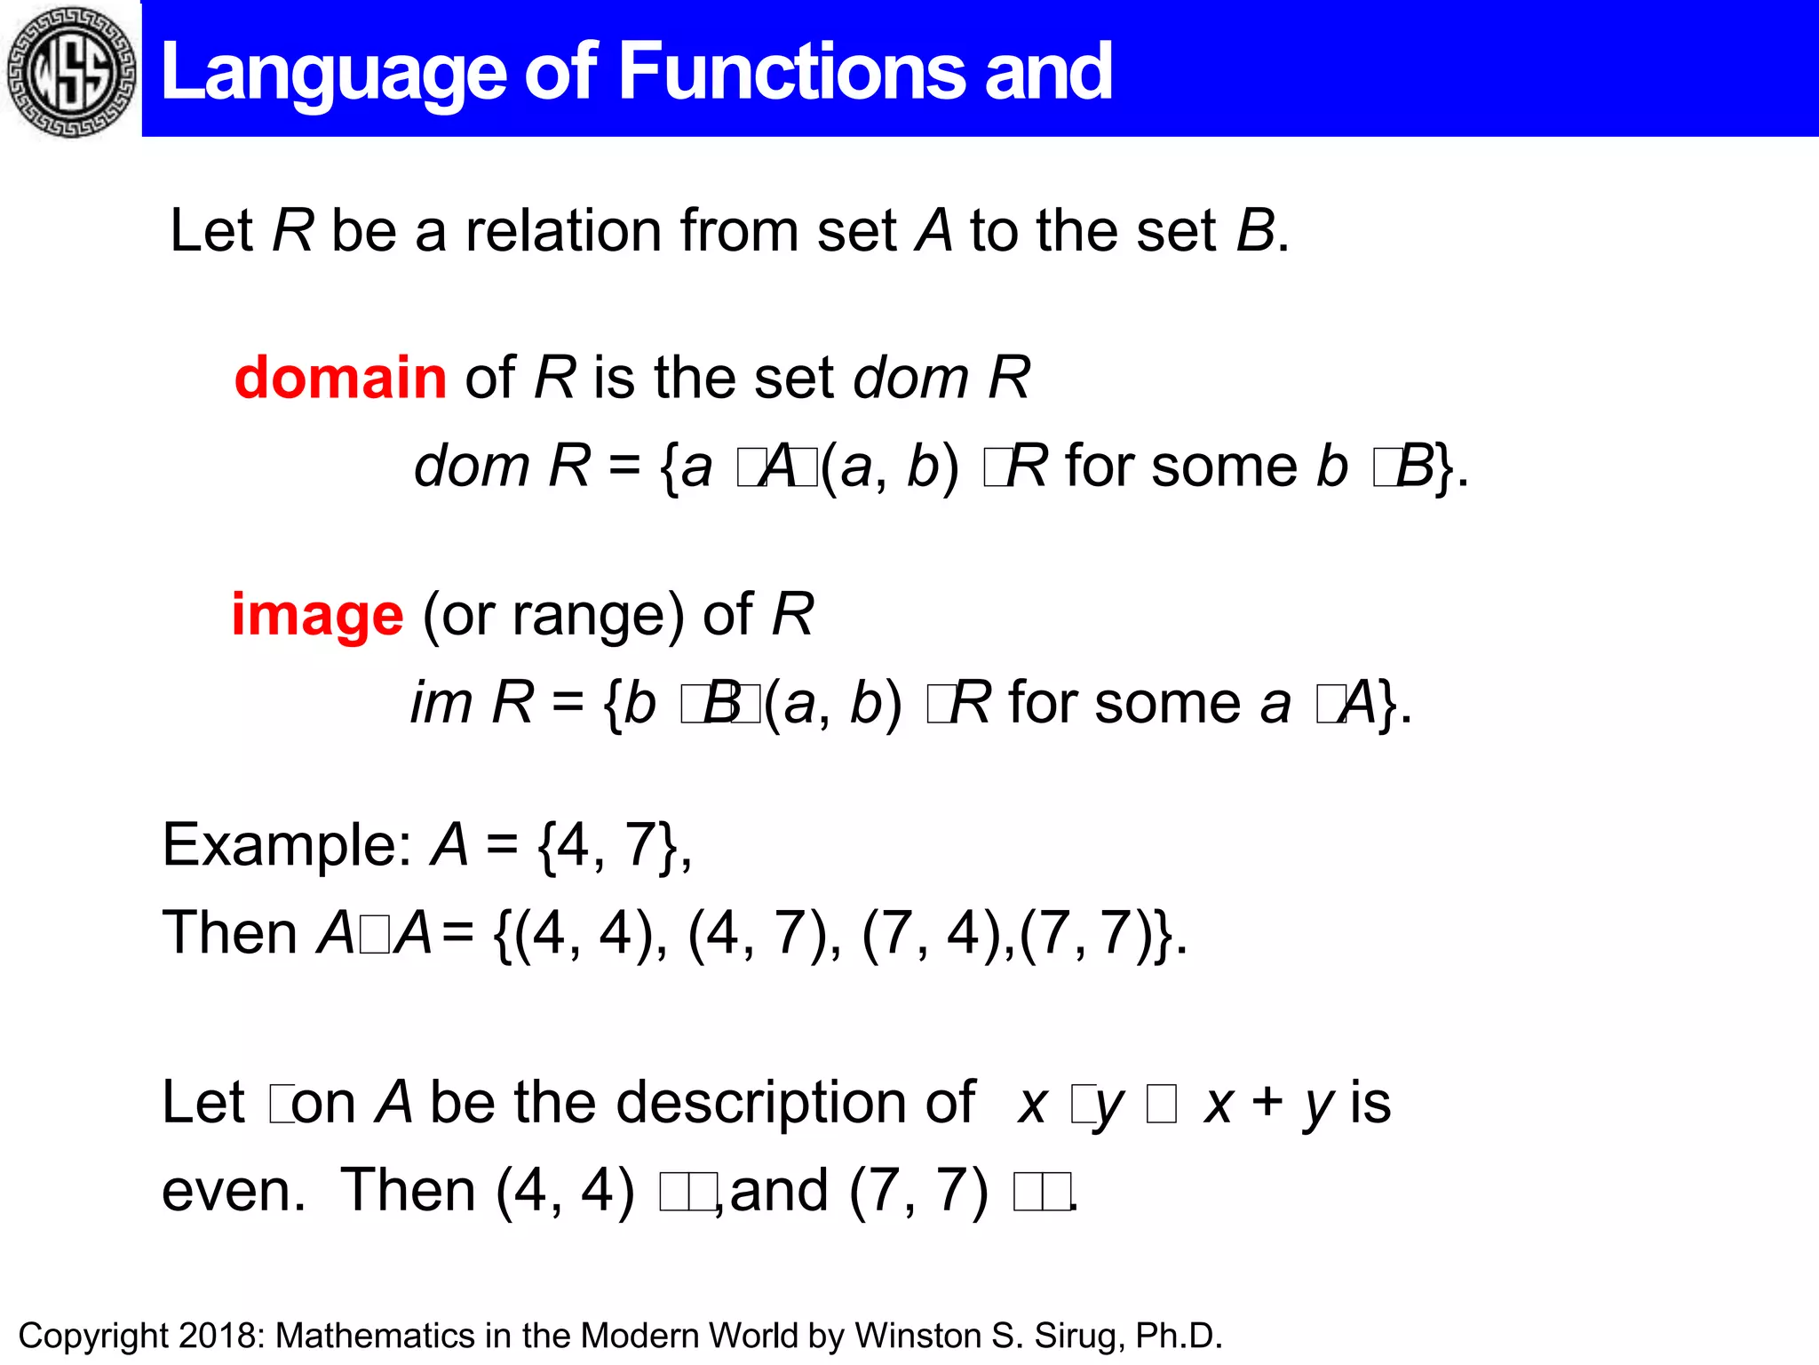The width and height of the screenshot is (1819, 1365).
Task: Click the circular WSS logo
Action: pos(70,70)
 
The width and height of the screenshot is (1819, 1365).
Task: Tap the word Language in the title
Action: pos(334,73)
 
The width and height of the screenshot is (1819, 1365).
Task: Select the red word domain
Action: pos(340,377)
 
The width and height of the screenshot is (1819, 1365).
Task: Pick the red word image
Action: pos(317,615)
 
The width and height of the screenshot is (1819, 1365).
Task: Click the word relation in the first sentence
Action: pos(563,231)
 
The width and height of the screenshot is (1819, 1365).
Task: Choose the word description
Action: pos(795,1102)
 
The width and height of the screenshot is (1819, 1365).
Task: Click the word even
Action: pos(233,1191)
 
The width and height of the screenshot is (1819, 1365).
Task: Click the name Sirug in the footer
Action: pos(1076,1336)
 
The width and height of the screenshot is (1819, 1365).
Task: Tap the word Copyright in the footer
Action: pos(93,1336)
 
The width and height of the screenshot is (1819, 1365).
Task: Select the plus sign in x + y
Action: pos(1267,1102)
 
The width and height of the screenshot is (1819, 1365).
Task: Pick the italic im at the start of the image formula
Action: pos(441,703)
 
